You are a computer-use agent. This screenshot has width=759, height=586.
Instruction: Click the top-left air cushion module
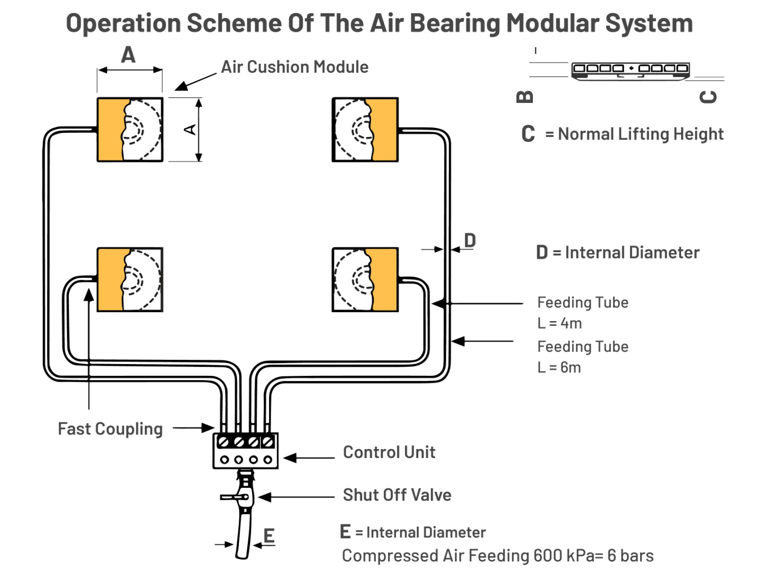click(130, 130)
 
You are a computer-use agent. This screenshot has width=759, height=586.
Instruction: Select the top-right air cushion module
click(365, 130)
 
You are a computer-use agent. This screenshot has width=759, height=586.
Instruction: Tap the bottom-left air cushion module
click(130, 279)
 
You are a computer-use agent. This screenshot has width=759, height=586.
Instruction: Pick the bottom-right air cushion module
click(365, 279)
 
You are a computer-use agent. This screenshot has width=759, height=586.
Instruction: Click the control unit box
click(245, 451)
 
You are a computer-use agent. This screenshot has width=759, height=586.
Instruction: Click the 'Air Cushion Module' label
click(295, 67)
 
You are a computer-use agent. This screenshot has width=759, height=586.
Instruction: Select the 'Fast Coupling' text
click(110, 428)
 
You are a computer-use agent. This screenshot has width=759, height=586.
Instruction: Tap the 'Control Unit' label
click(389, 452)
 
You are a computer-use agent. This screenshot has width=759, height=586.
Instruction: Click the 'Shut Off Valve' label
click(397, 495)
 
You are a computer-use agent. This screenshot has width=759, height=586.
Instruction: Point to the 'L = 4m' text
click(559, 323)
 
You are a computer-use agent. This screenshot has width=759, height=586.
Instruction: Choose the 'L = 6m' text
click(559, 367)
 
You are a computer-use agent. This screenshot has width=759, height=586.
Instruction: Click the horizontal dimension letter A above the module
click(128, 55)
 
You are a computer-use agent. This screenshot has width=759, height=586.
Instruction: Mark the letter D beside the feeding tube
click(470, 240)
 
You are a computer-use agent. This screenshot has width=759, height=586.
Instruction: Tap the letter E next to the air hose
click(269, 536)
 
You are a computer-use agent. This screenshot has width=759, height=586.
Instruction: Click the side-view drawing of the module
click(630, 70)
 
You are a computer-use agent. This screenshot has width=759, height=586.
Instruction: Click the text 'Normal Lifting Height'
click(641, 134)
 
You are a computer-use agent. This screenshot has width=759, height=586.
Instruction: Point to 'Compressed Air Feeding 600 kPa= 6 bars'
click(497, 556)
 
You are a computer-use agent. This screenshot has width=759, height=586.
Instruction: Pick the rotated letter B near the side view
click(524, 97)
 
